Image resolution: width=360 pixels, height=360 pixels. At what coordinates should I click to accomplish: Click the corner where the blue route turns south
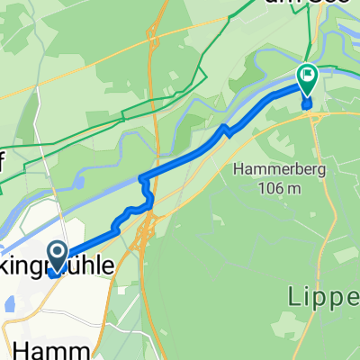coord(141,177)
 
